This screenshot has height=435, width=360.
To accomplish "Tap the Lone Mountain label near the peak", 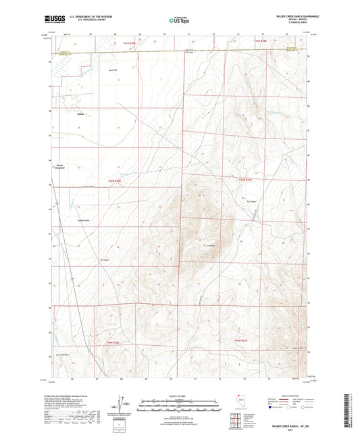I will pyautogui.click(x=209, y=245).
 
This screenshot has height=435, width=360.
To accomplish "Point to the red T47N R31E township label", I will pyautogui.click(x=245, y=180).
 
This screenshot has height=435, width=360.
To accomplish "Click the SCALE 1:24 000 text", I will pyautogui.click(x=180, y=396).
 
